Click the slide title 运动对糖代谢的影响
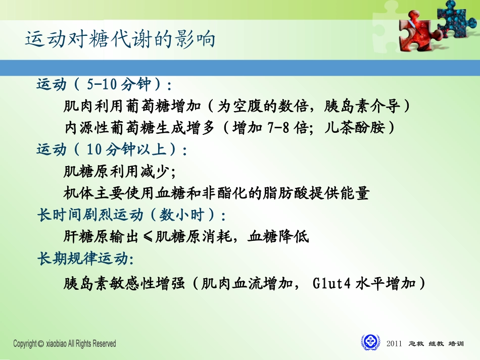tap(120, 39)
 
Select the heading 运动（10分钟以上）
tap(112, 150)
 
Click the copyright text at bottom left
tap(65, 344)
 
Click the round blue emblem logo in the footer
tap(370, 342)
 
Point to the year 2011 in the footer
tap(394, 344)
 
